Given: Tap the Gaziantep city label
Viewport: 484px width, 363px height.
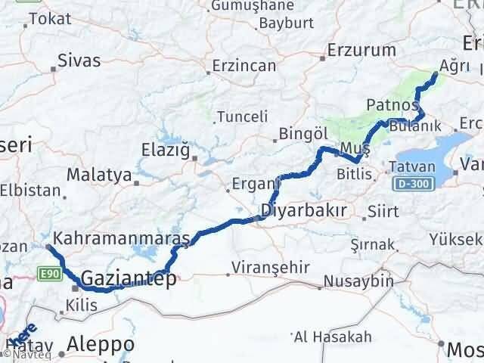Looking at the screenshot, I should coord(129,278).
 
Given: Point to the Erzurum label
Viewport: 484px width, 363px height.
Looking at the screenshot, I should coord(362,51).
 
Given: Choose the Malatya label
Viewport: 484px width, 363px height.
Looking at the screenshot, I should coord(99,175).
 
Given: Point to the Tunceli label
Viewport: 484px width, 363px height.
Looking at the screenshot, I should coord(242,116).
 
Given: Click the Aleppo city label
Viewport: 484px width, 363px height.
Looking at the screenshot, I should coord(100,344).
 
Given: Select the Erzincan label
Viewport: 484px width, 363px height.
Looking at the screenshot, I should coord(244,66).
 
